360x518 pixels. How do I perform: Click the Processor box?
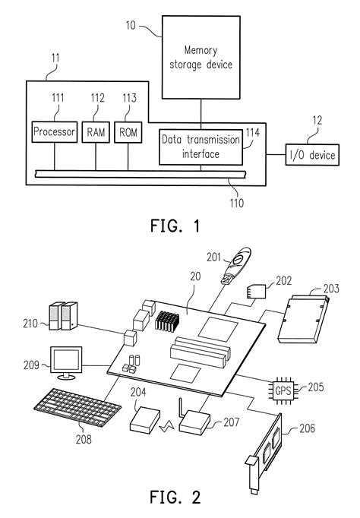[x=54, y=133]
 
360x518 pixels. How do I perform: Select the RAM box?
[x=96, y=133]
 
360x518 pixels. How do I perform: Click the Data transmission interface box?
[x=201, y=147]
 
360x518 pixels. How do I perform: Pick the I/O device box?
[x=311, y=156]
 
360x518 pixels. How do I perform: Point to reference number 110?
[x=238, y=204]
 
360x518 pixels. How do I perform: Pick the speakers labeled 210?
[x=62, y=316]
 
